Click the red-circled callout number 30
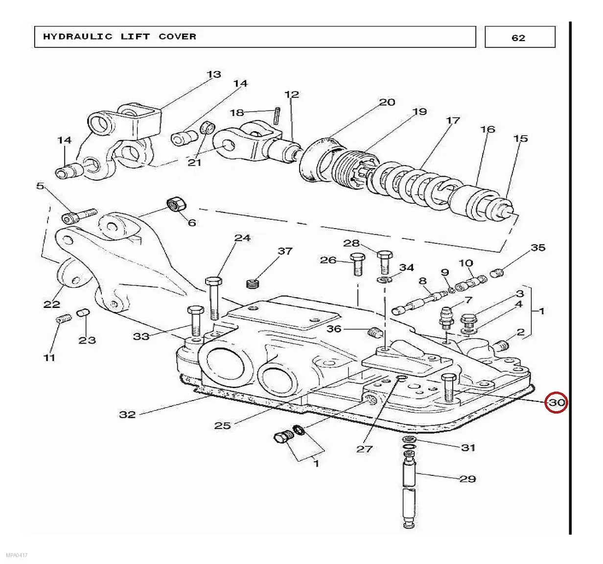[556, 403]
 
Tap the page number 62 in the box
[518, 38]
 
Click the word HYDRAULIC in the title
[78, 37]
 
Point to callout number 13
[214, 74]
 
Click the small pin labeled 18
[277, 116]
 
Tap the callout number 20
[387, 102]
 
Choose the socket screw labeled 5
[79, 215]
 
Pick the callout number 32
[127, 415]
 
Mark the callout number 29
[467, 479]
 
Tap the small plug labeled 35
[497, 273]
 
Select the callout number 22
[51, 304]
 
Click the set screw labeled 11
[64, 319]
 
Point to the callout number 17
[453, 120]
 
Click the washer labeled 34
[385, 279]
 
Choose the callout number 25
[223, 425]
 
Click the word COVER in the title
[177, 37]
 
